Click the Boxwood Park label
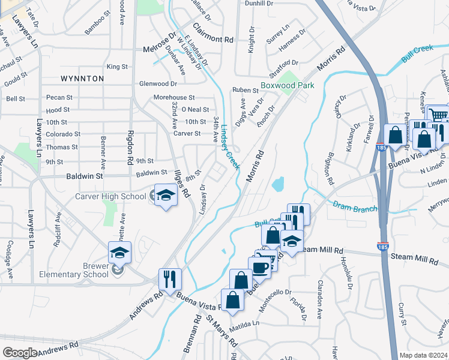coord(288,86)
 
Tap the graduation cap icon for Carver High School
coord(166,194)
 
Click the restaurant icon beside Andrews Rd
coord(169,278)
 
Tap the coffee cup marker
coord(259,268)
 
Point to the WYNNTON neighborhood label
coord(82,79)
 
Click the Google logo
coord(20,352)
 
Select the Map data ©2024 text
coord(423,355)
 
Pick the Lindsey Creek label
coord(229,148)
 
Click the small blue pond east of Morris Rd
coord(278,185)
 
